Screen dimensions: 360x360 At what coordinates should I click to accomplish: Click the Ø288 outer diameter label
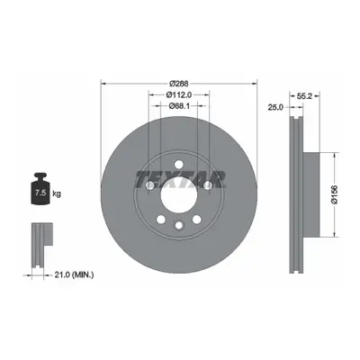179,84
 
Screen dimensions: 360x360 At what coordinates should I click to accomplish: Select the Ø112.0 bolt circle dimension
179,94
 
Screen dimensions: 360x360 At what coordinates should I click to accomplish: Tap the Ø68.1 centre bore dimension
179,105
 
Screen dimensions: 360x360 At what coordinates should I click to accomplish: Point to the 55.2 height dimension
305,96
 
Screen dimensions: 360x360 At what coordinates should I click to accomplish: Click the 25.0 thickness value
275,107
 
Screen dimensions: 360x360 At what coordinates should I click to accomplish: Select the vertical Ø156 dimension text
335,194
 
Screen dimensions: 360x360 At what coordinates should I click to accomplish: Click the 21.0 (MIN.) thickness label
74,274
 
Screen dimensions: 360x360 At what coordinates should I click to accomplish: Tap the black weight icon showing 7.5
40,189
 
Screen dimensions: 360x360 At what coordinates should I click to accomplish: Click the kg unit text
57,193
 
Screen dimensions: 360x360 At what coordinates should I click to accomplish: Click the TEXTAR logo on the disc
180,180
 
